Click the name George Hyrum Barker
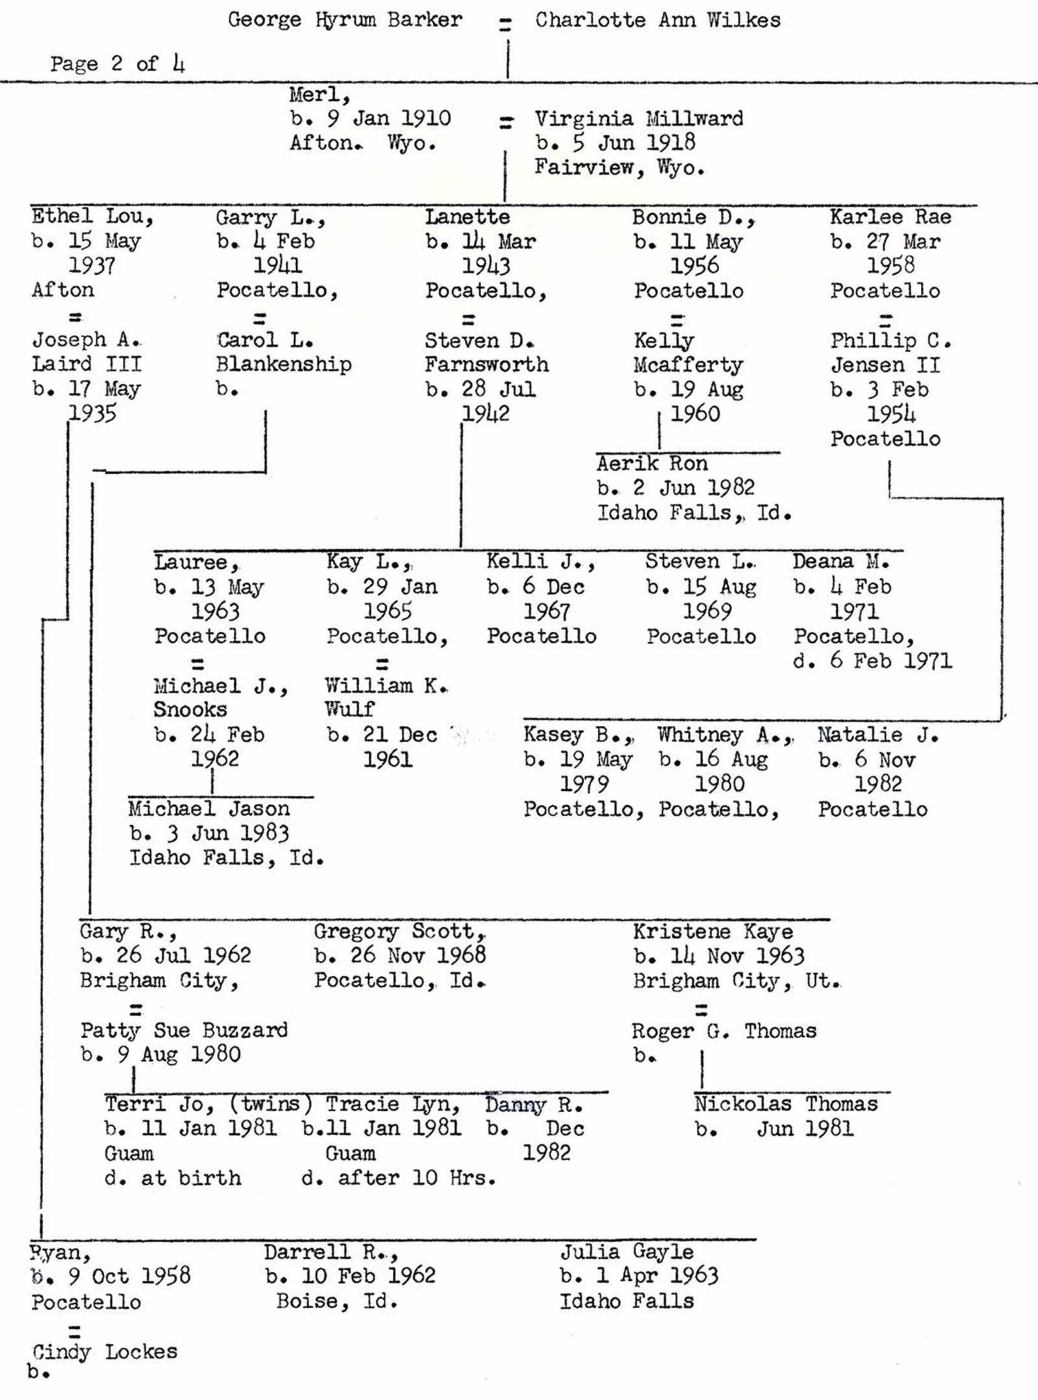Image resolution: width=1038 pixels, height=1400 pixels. (344, 19)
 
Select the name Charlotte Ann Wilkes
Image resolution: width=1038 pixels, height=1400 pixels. (657, 20)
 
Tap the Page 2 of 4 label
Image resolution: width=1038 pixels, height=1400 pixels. (117, 64)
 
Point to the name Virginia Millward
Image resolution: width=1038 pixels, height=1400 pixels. (638, 119)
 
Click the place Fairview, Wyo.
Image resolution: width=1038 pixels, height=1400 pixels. (619, 167)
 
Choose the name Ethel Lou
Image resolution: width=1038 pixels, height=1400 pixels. (91, 216)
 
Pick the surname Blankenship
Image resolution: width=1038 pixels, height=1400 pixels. (284, 364)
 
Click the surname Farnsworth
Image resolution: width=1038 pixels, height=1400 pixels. (487, 365)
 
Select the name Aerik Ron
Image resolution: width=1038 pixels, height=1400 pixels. (652, 463)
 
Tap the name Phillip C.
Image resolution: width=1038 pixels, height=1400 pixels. (890, 340)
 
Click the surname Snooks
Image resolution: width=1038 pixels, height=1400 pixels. (190, 709)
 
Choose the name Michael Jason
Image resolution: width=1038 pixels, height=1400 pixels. (209, 809)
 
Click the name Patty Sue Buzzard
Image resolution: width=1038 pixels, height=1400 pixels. (184, 1030)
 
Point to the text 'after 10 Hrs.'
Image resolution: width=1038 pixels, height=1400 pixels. (416, 1178)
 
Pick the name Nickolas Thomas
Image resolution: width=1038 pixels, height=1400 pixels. (786, 1104)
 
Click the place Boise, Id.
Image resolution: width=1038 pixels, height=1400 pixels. (337, 1301)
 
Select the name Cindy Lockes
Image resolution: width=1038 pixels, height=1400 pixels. (104, 1352)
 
